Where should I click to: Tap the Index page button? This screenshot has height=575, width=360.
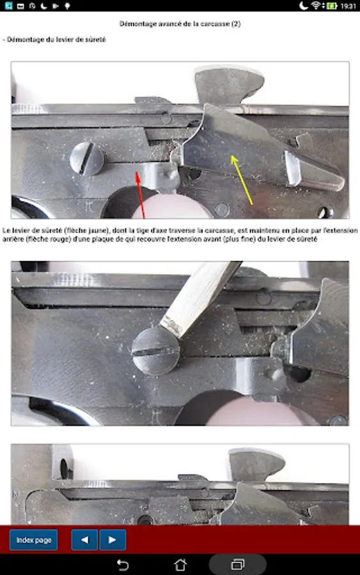pyautogui.click(x=33, y=540)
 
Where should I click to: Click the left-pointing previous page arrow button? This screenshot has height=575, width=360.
pyautogui.click(x=84, y=540)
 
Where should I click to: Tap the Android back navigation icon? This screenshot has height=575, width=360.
pyautogui.click(x=123, y=565)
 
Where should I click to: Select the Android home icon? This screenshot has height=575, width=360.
pyautogui.click(x=180, y=565)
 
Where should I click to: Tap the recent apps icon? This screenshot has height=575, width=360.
pyautogui.click(x=238, y=565)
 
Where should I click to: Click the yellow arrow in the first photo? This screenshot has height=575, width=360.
pyautogui.click(x=242, y=180)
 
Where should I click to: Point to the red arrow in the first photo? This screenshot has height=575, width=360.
pyautogui.click(x=141, y=195)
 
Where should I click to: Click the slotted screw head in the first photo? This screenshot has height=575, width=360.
pyautogui.click(x=87, y=158)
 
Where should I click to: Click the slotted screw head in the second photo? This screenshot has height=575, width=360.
pyautogui.click(x=155, y=351)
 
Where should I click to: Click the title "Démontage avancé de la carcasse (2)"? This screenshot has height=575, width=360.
pyautogui.click(x=180, y=24)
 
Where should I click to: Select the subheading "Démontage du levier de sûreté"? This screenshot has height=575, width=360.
pyautogui.click(x=56, y=40)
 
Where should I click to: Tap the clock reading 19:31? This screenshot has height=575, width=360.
pyautogui.click(x=348, y=6)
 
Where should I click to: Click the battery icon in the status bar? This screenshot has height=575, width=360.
pyautogui.click(x=332, y=6)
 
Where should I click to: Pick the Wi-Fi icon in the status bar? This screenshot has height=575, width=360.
pyautogui.click(x=316, y=6)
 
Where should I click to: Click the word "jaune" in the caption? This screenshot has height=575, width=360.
pyautogui.click(x=97, y=231)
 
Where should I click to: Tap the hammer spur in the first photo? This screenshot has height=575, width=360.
pyautogui.click(x=229, y=84)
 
